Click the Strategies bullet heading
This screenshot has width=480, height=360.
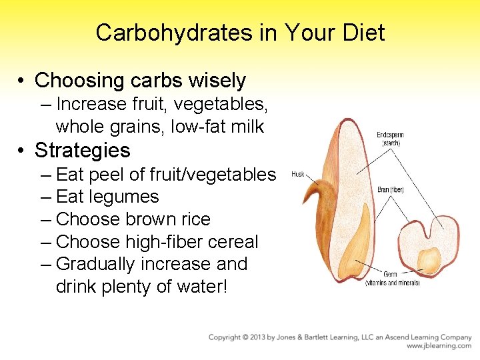82,149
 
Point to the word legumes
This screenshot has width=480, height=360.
126,197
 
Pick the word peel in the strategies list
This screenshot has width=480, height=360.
105,175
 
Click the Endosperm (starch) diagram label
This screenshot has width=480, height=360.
390,139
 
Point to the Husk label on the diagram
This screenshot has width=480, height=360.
298,175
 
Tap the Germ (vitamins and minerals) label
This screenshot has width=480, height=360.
392,278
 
